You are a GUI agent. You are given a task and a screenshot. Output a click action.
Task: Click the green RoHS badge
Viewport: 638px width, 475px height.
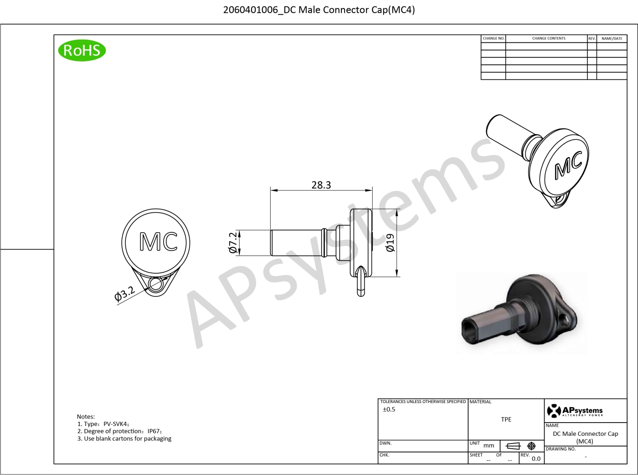click(x=82, y=50)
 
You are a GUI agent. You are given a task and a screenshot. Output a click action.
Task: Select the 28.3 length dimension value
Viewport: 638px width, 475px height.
click(x=321, y=185)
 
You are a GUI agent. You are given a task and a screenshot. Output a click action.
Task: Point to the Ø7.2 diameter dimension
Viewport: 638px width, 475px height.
click(x=233, y=243)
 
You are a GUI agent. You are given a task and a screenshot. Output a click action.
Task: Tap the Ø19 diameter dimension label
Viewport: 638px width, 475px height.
click(x=390, y=243)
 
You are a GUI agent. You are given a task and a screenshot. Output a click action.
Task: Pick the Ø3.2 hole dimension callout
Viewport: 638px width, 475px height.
click(x=124, y=294)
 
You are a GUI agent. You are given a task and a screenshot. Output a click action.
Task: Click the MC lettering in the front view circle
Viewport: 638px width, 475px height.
click(x=158, y=241)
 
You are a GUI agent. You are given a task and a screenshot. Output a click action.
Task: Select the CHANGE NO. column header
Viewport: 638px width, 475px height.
click(x=494, y=38)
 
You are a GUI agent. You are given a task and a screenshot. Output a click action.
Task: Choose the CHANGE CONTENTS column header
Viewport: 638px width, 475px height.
click(x=549, y=38)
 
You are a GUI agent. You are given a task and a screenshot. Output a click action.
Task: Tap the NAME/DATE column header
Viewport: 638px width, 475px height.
click(x=612, y=38)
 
